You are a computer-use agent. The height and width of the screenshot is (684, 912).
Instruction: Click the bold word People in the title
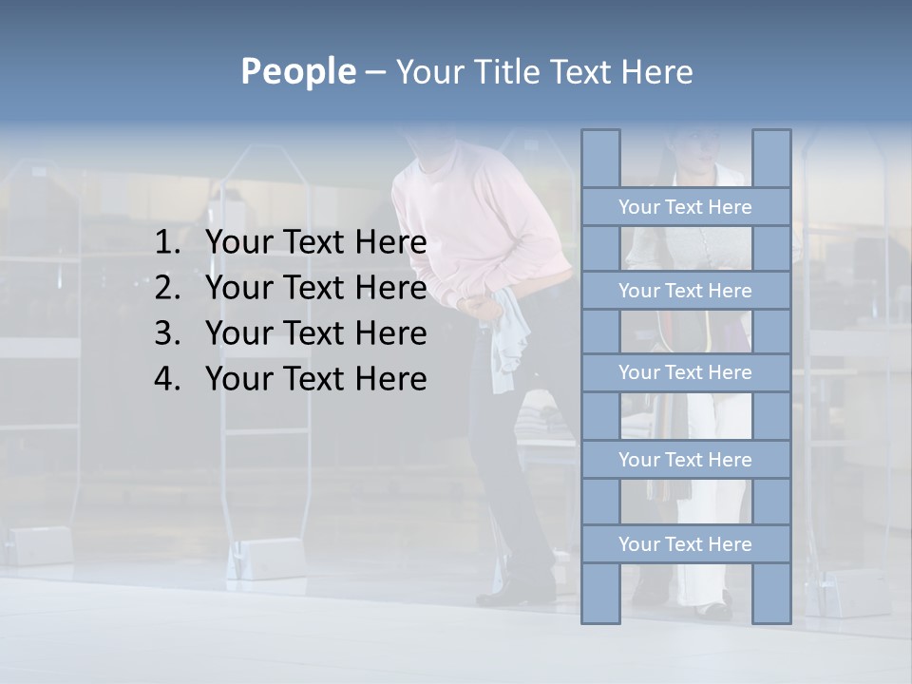click(296, 71)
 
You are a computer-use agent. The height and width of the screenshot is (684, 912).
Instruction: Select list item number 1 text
click(315, 243)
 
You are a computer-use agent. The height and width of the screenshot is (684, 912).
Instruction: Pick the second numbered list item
click(315, 288)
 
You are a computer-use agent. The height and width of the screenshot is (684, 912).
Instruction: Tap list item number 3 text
click(315, 333)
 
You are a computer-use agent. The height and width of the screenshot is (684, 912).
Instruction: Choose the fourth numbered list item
click(315, 379)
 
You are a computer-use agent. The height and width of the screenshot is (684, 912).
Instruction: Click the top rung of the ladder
click(685, 207)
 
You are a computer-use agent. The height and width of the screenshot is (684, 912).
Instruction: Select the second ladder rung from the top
click(685, 291)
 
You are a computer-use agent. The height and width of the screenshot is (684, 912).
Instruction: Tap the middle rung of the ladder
click(685, 372)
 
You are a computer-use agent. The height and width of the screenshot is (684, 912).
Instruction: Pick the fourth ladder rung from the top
click(685, 460)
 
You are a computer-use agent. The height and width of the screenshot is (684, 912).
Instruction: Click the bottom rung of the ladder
click(685, 544)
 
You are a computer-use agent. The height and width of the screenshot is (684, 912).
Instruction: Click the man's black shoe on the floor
click(518, 595)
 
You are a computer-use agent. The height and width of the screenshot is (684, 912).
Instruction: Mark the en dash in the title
click(374, 71)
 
